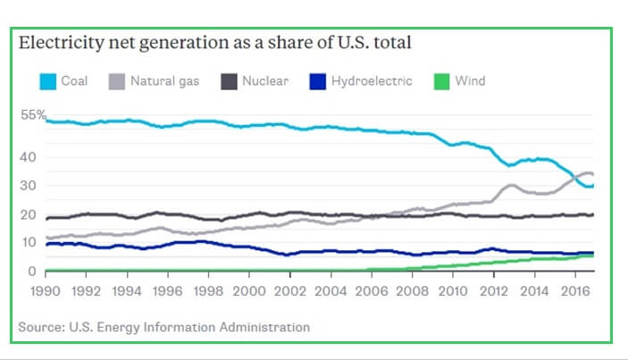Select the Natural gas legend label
point(165,82)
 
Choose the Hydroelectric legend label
point(372,82)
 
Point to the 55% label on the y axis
point(33,116)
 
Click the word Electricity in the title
point(62,42)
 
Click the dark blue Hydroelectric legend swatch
point(318,82)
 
